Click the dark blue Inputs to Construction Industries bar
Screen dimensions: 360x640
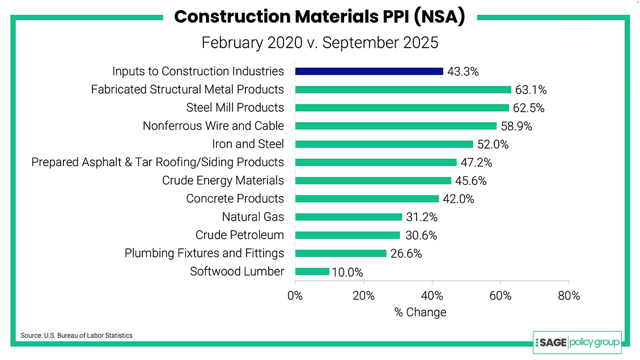pyautogui.click(x=369, y=71)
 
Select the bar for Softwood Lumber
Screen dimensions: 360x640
pyautogui.click(x=312, y=272)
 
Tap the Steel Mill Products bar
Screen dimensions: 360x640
pyautogui.click(x=402, y=108)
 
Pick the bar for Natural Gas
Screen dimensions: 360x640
pyautogui.click(x=348, y=217)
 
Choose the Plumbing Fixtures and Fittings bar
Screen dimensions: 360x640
pyautogui.click(x=340, y=253)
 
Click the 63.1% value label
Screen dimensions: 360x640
pyautogui.click(x=531, y=90)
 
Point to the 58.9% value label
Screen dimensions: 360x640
pyautogui.click(x=516, y=126)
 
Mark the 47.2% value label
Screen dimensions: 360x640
pyautogui.click(x=476, y=163)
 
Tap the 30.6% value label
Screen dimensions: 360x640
pyautogui.click(x=421, y=235)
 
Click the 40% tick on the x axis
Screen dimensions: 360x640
pyautogui.click(x=432, y=295)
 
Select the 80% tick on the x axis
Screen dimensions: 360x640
pyautogui.click(x=569, y=295)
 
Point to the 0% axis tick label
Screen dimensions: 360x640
pyautogui.click(x=295, y=295)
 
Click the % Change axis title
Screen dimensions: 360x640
pyautogui.click(x=420, y=312)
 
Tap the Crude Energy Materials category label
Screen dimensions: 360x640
pyautogui.click(x=223, y=180)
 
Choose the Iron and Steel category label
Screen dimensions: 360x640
pyautogui.click(x=248, y=144)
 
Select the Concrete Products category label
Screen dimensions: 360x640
pyautogui.click(x=235, y=198)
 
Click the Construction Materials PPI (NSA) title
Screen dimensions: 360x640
pyautogui.click(x=320, y=16)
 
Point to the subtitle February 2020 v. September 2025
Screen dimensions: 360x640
pyautogui.click(x=320, y=43)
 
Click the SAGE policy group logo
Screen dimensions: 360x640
pyautogui.click(x=577, y=342)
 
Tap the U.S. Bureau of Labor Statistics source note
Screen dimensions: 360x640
pyautogui.click(x=77, y=336)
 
